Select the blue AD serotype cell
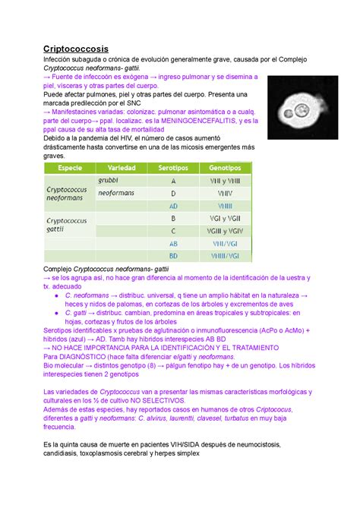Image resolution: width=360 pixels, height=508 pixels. click(x=173, y=206)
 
